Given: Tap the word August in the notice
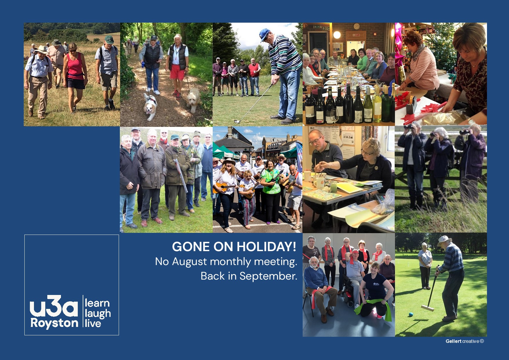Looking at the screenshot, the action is coord(189,262).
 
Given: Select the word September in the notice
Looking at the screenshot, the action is coord(268,276).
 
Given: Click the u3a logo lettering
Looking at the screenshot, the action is coord(54,306).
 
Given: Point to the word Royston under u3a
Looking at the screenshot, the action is coord(54,323).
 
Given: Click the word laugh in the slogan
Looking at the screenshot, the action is coord(98,314).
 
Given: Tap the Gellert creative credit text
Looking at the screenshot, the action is coord(465,341).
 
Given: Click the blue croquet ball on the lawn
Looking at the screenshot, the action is coord(410,315).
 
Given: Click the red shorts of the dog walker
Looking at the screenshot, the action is coord(177,73).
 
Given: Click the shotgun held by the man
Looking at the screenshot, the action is coord(180,175).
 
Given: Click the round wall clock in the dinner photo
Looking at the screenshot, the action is coord(357,26).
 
